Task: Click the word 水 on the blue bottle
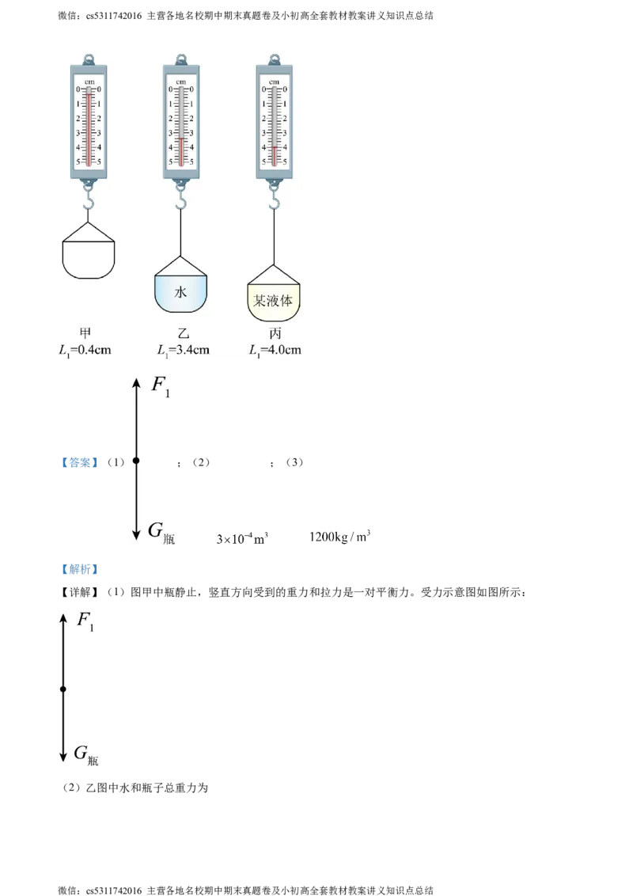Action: [x=180, y=292]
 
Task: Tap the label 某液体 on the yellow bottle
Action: [x=274, y=302]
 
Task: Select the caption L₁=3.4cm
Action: [x=183, y=350]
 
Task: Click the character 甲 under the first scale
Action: [x=86, y=334]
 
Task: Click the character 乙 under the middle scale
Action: [x=183, y=334]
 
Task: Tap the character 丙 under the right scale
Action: [x=275, y=334]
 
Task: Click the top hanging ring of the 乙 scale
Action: [x=181, y=58]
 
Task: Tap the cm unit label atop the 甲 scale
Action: [x=88, y=82]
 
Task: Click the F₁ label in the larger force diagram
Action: [x=161, y=387]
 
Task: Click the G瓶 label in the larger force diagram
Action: [x=161, y=532]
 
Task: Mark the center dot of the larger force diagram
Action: [x=136, y=460]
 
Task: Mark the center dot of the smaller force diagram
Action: [x=63, y=689]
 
